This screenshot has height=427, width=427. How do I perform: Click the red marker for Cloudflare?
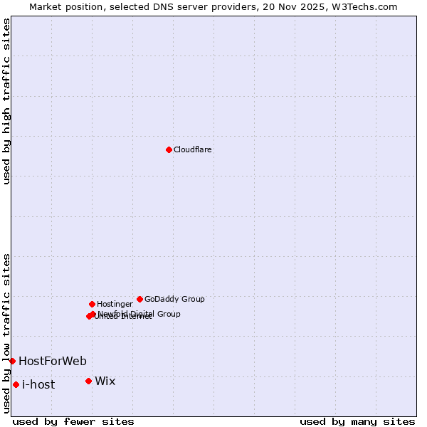coord(169,149)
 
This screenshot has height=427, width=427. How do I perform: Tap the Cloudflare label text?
coord(193,150)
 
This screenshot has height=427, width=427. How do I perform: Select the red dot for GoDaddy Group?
coord(139,299)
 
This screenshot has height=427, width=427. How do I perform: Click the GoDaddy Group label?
coord(174,300)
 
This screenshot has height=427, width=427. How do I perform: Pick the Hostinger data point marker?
coord(92,304)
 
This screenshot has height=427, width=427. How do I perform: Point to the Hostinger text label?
coord(115,305)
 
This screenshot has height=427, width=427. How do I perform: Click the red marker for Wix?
coord(88,381)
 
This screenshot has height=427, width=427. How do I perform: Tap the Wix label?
coord(105,381)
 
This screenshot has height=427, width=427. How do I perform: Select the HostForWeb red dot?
coord(12,361)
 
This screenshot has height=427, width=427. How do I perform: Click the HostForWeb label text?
coord(53,362)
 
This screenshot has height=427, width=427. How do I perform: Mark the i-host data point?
coord(16,384)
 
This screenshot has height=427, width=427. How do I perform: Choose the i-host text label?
coord(38,385)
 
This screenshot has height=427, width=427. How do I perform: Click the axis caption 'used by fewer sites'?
coord(73,421)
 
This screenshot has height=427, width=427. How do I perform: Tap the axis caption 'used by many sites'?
coord(357,421)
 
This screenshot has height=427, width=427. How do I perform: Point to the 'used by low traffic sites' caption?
coord(7,332)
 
